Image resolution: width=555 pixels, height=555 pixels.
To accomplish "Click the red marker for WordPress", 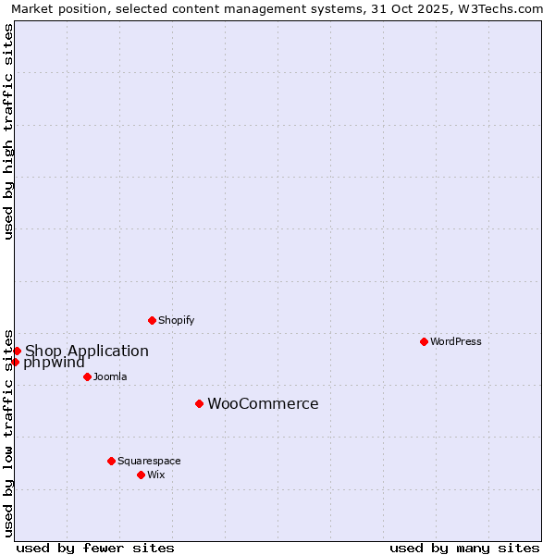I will pyautogui.click(x=424, y=341).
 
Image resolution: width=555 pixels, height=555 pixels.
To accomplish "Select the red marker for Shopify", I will pyautogui.click(x=152, y=320).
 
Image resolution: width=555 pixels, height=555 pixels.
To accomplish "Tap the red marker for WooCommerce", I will pyautogui.click(x=199, y=403).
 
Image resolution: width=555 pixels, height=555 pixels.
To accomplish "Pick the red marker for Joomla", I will pyautogui.click(x=87, y=376).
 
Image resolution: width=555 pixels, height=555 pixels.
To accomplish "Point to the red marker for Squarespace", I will pyautogui.click(x=111, y=461).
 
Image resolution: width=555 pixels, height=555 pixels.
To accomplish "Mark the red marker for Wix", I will pyautogui.click(x=141, y=475).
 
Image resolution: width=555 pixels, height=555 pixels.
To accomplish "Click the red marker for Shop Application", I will pyautogui.click(x=17, y=351).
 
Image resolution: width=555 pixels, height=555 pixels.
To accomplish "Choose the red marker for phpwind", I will pyautogui.click(x=15, y=362).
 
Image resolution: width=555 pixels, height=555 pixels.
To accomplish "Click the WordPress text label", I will pyautogui.click(x=456, y=341).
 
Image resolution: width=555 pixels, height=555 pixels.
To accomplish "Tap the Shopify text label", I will pyautogui.click(x=177, y=320).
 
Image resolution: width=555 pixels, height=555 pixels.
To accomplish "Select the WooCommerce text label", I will pyautogui.click(x=263, y=403).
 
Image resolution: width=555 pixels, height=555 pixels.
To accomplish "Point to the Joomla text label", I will pyautogui.click(x=110, y=376).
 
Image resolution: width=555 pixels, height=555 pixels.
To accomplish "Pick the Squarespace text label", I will pyautogui.click(x=149, y=461).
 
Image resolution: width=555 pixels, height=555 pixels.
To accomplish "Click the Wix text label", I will pyautogui.click(x=156, y=475).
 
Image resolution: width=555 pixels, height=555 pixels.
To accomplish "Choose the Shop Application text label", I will pyautogui.click(x=87, y=351).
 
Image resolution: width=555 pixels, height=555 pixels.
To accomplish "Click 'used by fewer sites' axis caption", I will pyautogui.click(x=95, y=548).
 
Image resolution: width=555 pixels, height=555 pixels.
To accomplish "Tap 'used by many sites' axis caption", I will pyautogui.click(x=464, y=548).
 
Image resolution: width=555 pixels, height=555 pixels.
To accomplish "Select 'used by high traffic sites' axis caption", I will pyautogui.click(x=9, y=132).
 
